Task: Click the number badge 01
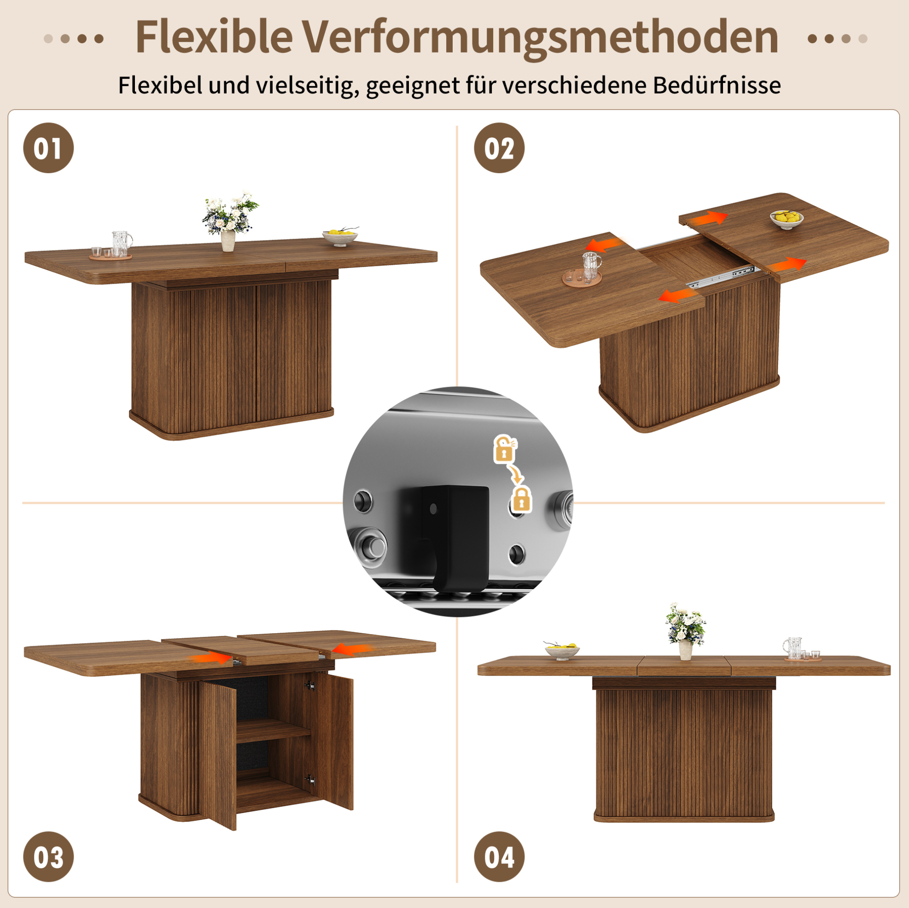click(x=48, y=148)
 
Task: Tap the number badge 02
click(x=499, y=148)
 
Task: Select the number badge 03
click(x=48, y=857)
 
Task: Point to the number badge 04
click(x=499, y=857)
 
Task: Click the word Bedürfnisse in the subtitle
click(x=717, y=85)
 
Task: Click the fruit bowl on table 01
click(x=340, y=237)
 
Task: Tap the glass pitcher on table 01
click(x=122, y=243)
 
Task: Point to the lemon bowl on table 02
click(x=787, y=219)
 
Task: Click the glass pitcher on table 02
click(x=591, y=266)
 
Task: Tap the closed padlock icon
click(x=521, y=499)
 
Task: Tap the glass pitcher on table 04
click(x=792, y=648)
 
